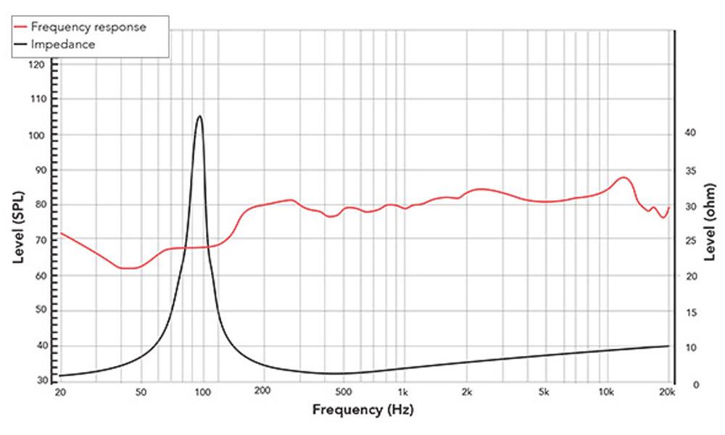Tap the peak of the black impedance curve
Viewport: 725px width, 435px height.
coord(199,116)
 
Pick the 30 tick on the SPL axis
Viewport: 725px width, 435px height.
coord(38,380)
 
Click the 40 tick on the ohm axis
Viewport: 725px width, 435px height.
coord(690,133)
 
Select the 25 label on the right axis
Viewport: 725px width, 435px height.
coord(690,241)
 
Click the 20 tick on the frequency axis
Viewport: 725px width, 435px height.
coord(60,393)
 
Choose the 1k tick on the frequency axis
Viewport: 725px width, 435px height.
coord(403,393)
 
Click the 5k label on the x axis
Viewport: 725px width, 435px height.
coord(544,393)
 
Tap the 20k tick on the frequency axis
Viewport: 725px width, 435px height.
coord(668,393)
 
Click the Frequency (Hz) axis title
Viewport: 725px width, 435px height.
coord(362,410)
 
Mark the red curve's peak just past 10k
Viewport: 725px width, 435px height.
coord(623,177)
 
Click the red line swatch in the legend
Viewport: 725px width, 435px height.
coord(22,27)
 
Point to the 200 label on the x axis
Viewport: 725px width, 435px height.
coord(262,393)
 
